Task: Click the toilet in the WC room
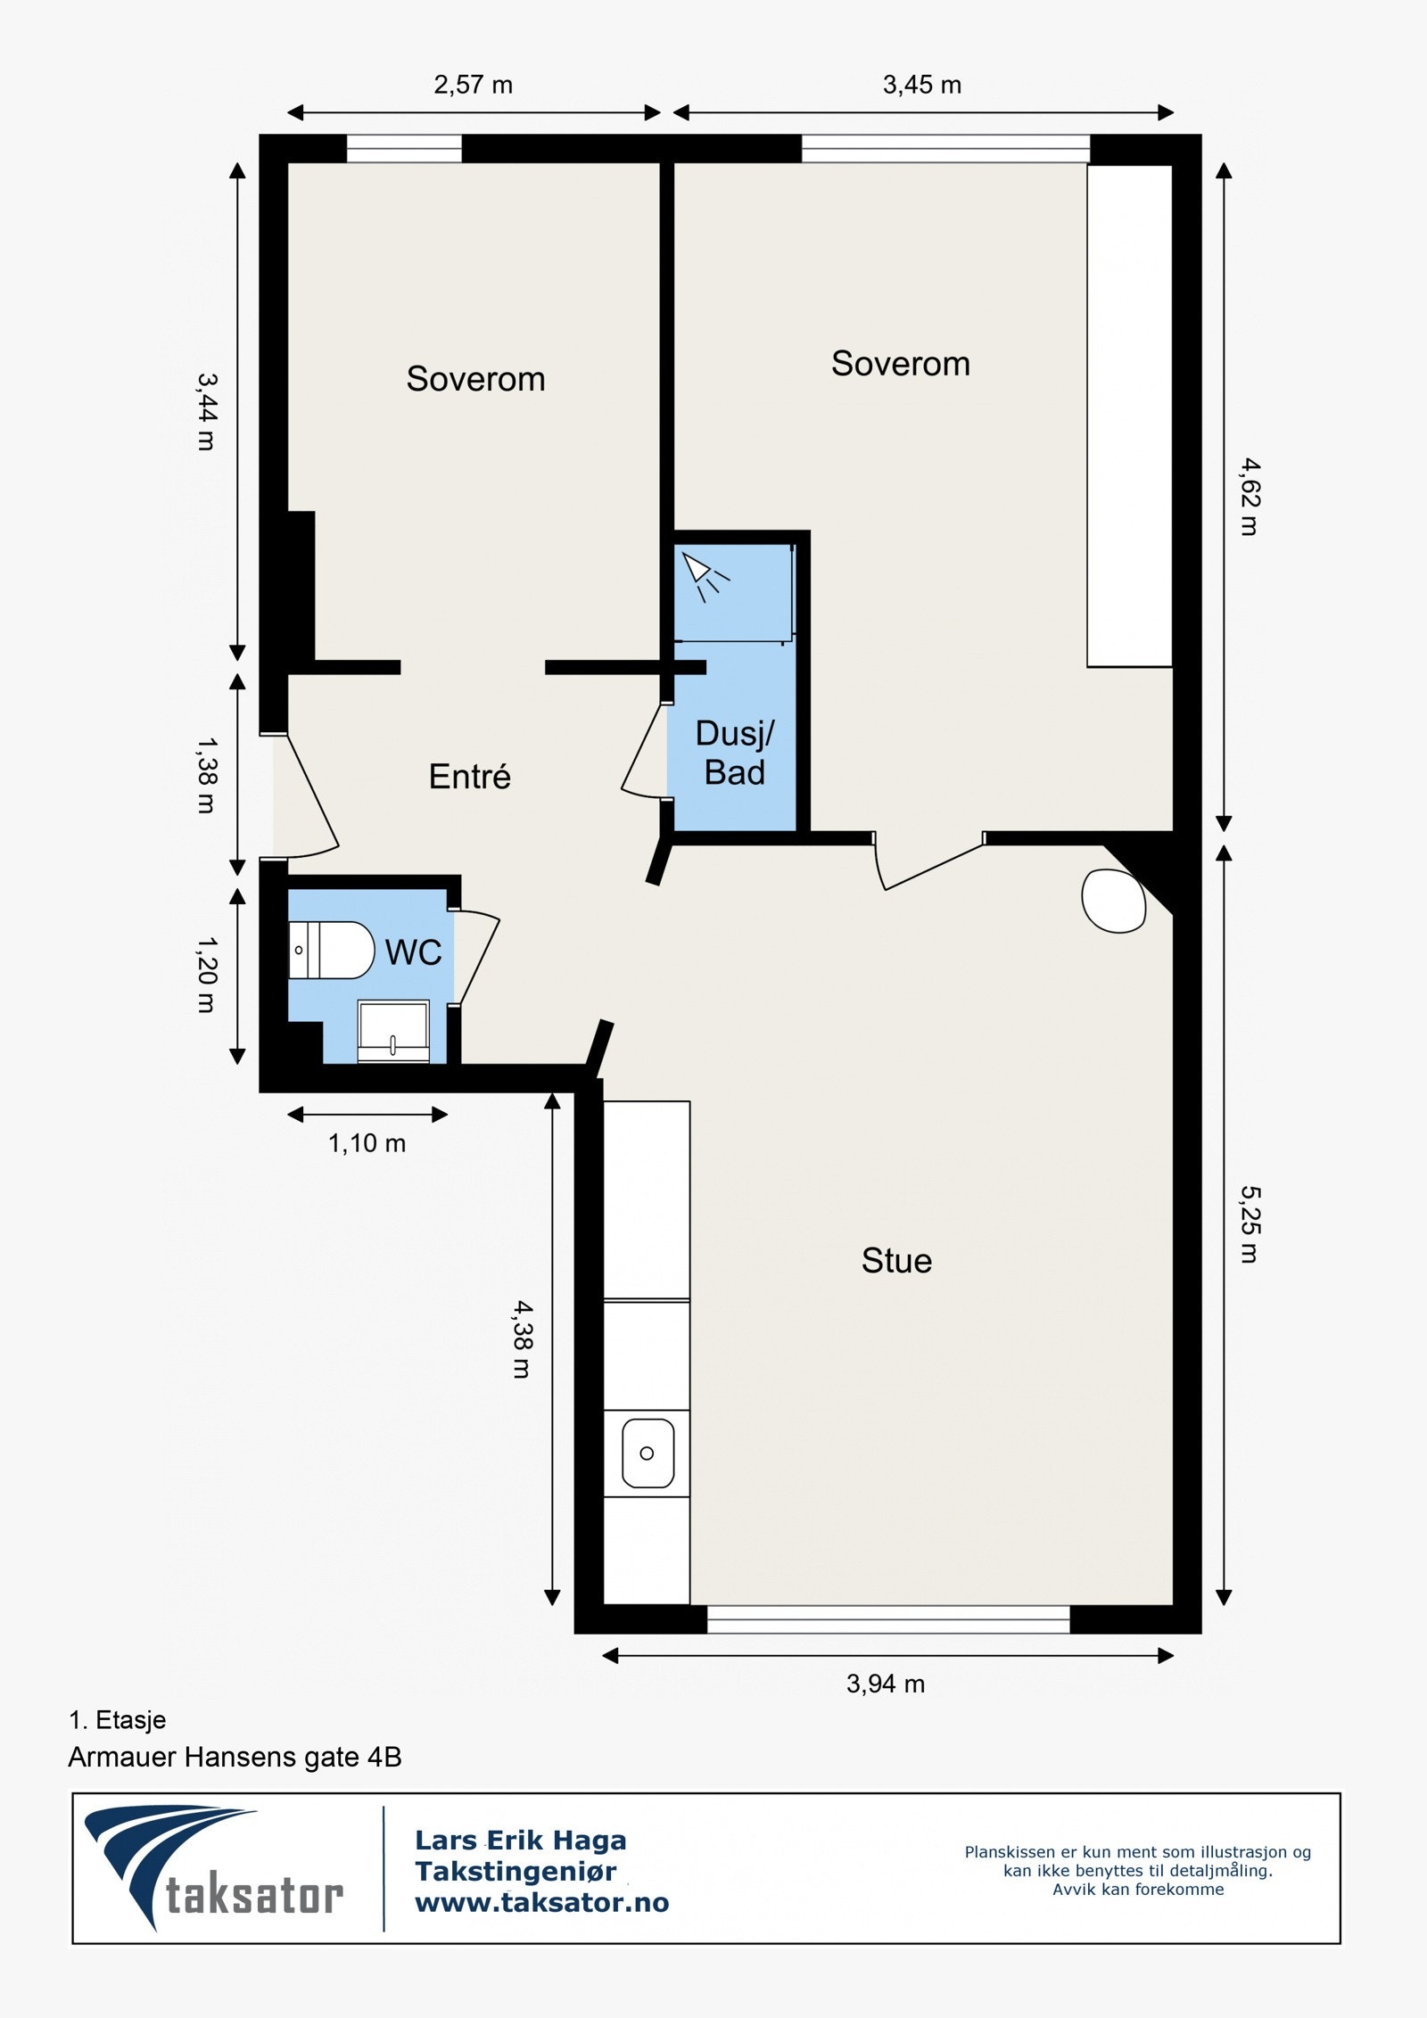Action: [331, 950]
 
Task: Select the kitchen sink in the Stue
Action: [648, 1453]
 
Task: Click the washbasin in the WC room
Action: [393, 1031]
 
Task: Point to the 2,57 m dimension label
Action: [473, 85]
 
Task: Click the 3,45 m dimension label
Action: [922, 85]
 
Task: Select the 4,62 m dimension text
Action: [1250, 497]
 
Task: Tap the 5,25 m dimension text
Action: [1250, 1224]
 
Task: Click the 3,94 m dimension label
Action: [886, 1684]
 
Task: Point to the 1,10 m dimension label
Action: [367, 1143]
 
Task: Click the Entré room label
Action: [470, 776]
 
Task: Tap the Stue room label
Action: [896, 1260]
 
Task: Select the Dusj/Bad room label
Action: [735, 753]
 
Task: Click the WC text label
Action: [414, 952]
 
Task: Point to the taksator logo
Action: [213, 1868]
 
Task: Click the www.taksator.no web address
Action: [542, 1903]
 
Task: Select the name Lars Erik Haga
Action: [521, 1840]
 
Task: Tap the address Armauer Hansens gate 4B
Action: [235, 1757]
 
